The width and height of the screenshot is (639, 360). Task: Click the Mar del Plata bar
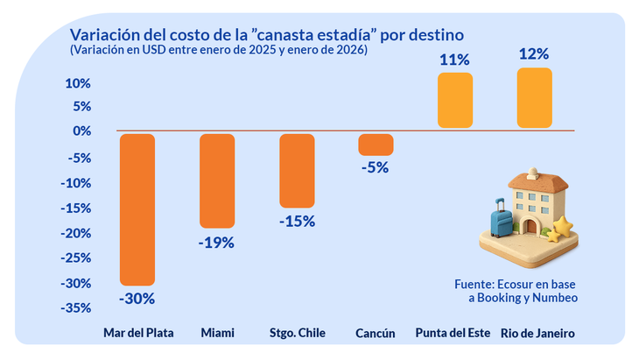tap(137, 209)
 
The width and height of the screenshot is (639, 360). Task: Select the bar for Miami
tap(217, 180)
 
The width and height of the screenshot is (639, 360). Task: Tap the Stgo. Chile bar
tap(297, 170)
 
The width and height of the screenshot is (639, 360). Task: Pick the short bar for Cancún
tap(376, 145)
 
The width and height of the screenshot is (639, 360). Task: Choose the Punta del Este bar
tap(455, 101)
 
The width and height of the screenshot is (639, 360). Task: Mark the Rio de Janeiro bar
tap(535, 98)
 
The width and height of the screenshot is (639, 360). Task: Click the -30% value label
tap(137, 298)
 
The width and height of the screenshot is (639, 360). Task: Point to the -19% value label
tap(217, 242)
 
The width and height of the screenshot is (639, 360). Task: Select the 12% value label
tap(535, 54)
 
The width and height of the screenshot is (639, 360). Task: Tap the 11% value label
tap(455, 60)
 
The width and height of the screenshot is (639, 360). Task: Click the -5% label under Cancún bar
tap(376, 167)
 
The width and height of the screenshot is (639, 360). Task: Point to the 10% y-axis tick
tap(79, 84)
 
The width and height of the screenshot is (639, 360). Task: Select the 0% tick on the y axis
tap(81, 131)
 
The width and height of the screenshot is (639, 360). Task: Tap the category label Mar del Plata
tap(138, 334)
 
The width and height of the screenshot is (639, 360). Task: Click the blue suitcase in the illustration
tap(502, 220)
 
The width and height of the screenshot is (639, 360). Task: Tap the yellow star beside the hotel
tap(561, 229)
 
